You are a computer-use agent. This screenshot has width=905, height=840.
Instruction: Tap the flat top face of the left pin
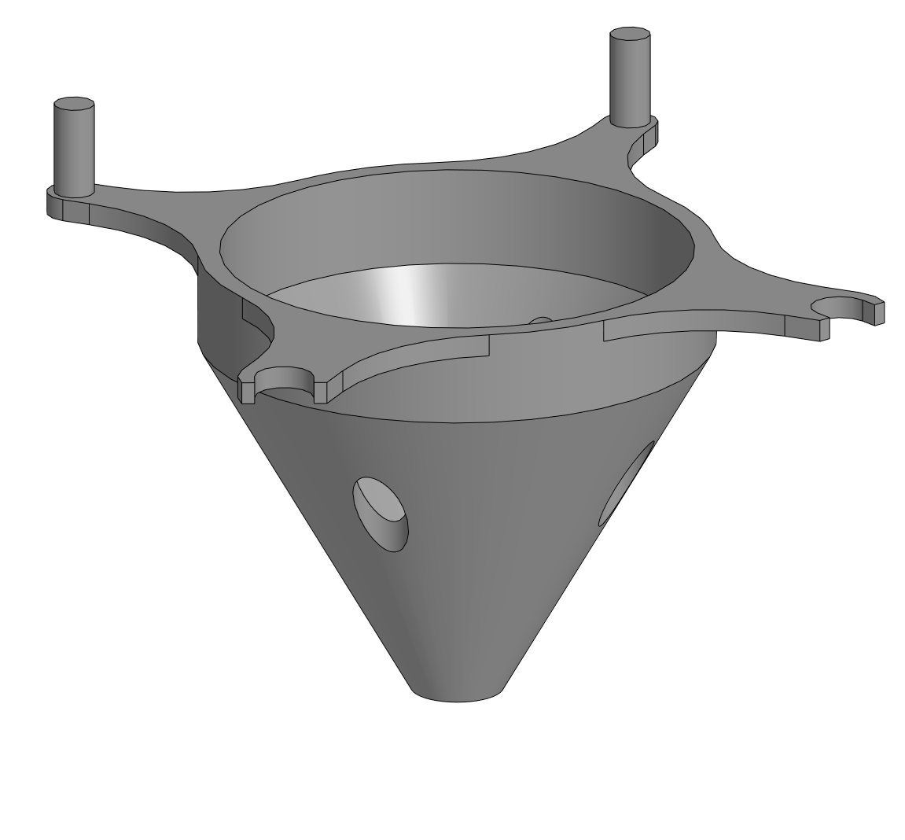[x=74, y=105]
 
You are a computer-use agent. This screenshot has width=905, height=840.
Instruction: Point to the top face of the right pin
[x=631, y=36]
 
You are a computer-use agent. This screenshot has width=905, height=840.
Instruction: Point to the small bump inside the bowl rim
[x=540, y=319]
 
